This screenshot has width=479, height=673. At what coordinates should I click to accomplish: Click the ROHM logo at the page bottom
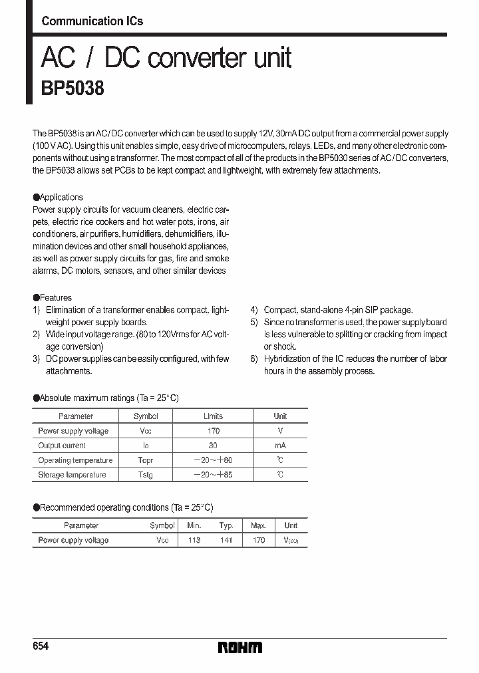pos(240,647)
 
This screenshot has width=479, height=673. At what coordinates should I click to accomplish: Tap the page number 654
pos(41,647)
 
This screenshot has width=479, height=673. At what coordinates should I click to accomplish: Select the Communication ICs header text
pos(92,21)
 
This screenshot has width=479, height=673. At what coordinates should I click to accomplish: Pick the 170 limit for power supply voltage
pos(213,431)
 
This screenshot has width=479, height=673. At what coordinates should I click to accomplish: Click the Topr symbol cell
pos(145,460)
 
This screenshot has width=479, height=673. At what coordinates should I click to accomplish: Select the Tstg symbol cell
pos(145,475)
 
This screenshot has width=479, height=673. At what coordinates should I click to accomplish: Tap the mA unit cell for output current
pos(280,446)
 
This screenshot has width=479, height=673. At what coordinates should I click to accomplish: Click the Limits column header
pos(213,416)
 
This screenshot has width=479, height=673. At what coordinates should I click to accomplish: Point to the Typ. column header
pos(226,525)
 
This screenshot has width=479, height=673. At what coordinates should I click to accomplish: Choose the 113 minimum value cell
pos(194,541)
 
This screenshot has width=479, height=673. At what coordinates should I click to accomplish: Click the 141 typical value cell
pos(226,541)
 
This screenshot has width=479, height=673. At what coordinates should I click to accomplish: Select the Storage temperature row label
pos(72,475)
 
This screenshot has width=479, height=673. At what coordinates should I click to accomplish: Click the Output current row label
pos(62,446)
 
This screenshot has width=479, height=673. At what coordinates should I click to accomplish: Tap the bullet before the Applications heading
pos(36,198)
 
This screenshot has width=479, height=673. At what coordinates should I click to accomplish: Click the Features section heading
pos(55,298)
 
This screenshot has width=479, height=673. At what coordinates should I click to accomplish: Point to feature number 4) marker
pos(254,310)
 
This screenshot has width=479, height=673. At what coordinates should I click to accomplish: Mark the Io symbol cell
pos(145,446)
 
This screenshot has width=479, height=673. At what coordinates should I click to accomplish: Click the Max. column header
pos(258,525)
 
